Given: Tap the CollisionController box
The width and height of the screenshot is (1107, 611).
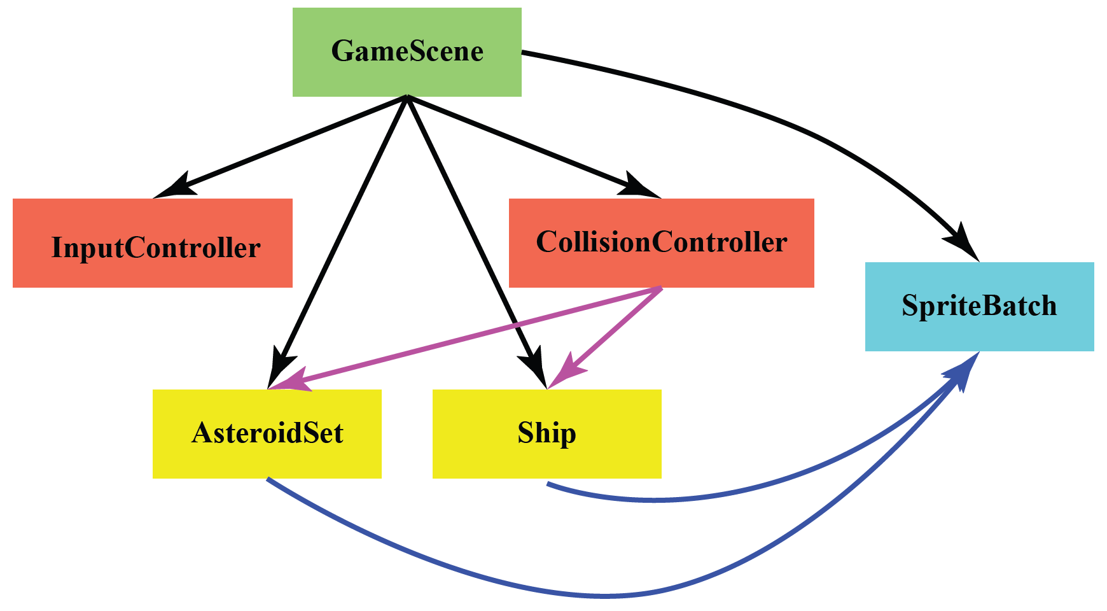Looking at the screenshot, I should tap(662, 267).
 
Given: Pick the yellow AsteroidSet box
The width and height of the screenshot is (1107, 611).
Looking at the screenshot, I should tap(267, 458).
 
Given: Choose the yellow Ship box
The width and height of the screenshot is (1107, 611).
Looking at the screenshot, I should tap(547, 458).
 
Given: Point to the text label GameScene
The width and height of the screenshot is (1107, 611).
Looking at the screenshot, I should tap(407, 51).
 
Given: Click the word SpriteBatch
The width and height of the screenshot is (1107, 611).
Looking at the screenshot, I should tap(979, 305).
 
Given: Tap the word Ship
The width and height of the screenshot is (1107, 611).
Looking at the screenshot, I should tap(547, 433).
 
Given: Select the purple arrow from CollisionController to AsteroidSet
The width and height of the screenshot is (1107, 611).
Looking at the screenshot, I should tap(471, 337).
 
